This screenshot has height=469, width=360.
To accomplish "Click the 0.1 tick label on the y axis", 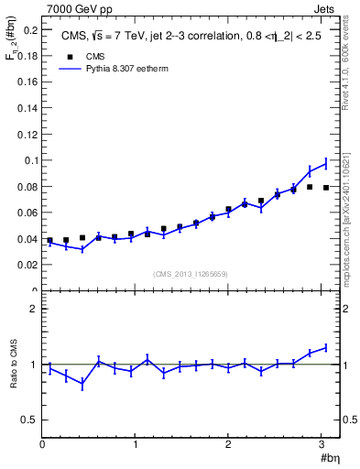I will [x=29, y=160].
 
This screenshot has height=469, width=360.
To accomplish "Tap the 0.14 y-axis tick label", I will [x=27, y=108].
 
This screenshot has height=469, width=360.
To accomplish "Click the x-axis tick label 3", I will [x=322, y=444].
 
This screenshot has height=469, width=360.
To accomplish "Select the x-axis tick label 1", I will [x=136, y=444].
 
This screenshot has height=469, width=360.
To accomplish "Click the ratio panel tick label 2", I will [x=33, y=310].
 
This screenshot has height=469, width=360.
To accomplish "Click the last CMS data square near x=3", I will [x=326, y=188].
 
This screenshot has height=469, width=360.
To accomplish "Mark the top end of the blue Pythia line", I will [x=326, y=162].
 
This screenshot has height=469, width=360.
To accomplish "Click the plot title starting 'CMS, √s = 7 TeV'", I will [x=191, y=37].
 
